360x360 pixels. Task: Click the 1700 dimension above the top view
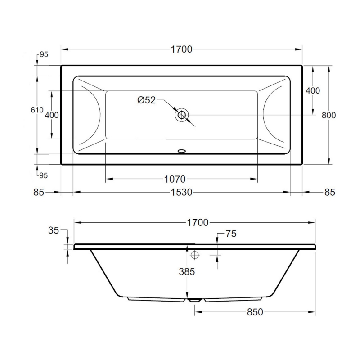click(x=181, y=49)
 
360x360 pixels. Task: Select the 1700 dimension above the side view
click(x=198, y=222)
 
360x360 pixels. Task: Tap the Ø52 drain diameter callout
click(x=147, y=100)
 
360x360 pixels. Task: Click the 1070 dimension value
click(x=175, y=179)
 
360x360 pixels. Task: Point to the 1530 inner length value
click(x=181, y=193)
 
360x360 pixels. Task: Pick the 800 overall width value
click(x=328, y=115)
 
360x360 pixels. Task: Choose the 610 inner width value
click(x=37, y=110)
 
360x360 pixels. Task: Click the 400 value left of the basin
click(x=52, y=115)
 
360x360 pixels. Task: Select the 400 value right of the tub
click(x=313, y=91)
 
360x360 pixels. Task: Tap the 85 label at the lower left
click(x=39, y=193)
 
